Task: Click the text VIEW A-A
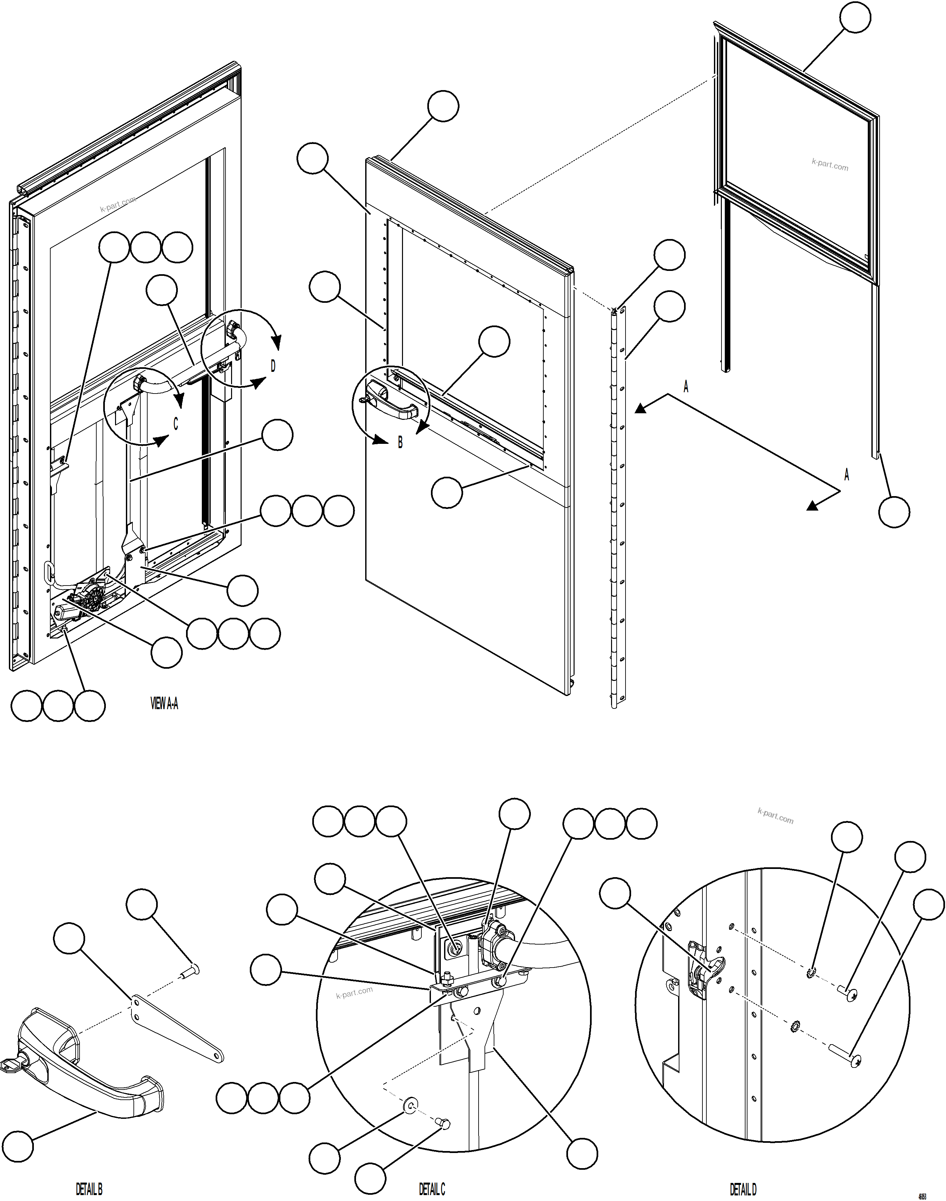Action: (164, 704)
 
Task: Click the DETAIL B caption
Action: (89, 1189)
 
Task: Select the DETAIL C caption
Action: (432, 1189)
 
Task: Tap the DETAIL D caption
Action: (743, 1189)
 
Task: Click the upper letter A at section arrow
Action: (686, 387)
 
